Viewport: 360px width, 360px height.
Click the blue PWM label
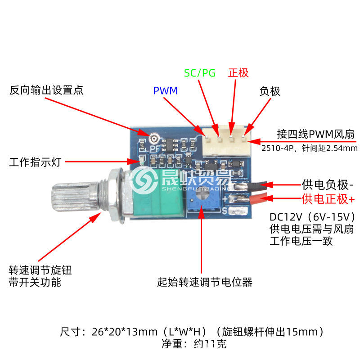[165, 90]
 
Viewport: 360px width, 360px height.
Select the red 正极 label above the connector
[238, 72]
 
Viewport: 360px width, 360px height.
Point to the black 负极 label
[270, 91]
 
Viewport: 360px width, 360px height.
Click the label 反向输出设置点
[46, 90]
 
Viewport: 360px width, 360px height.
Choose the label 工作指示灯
[35, 162]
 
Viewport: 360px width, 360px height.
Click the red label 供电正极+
[328, 198]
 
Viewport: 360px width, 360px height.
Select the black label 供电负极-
[328, 184]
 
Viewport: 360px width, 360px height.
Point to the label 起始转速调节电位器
[205, 282]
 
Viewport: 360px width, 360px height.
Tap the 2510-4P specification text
[309, 148]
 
